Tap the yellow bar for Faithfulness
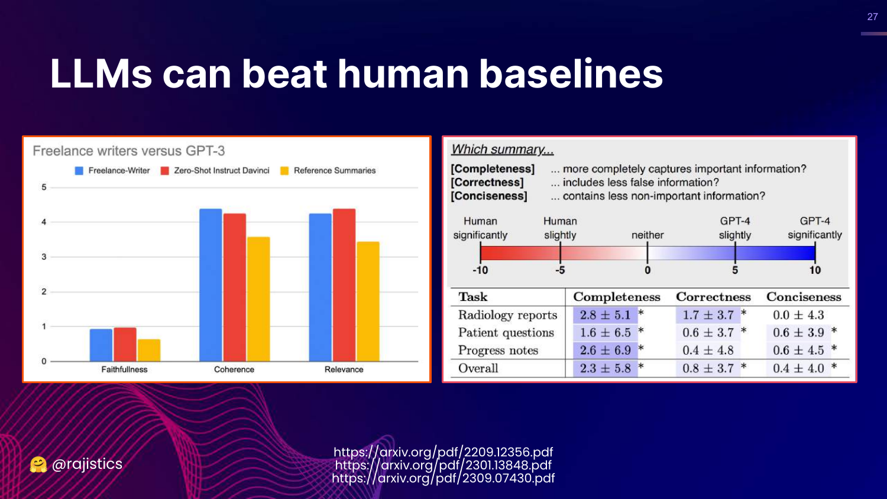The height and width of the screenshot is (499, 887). point(149,350)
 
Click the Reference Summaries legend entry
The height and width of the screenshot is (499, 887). point(334,171)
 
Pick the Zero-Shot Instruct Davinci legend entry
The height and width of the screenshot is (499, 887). point(221,171)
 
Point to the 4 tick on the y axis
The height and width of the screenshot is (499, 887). point(44,222)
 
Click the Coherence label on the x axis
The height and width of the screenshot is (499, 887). point(234,370)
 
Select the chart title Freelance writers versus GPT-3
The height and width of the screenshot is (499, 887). point(129,151)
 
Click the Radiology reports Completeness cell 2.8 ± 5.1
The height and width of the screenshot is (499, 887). point(605,315)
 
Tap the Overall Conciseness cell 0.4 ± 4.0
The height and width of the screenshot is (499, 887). point(798,368)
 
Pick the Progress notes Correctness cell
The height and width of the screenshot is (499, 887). point(708,351)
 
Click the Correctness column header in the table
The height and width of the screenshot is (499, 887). point(713,297)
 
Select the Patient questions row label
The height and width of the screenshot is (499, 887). point(506,333)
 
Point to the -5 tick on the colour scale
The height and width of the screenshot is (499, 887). point(560,270)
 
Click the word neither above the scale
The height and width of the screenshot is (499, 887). point(648,235)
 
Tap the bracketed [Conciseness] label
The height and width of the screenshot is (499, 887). point(489,196)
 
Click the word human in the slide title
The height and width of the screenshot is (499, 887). point(402,74)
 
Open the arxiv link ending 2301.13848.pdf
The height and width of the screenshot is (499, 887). point(443,465)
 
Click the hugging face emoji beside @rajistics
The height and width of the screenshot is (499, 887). point(38,465)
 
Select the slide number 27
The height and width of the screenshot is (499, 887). point(872,17)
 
